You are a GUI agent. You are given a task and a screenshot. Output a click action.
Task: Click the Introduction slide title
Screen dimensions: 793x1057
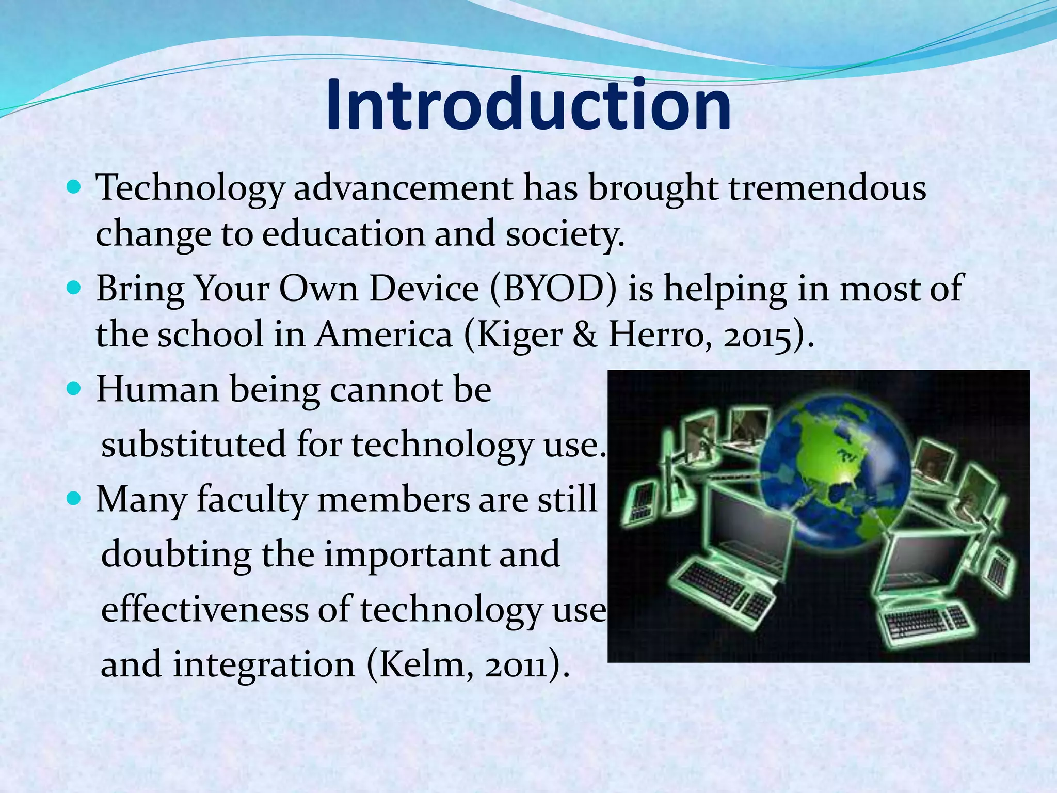[528, 104]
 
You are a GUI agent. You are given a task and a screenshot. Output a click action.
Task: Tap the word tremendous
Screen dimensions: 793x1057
[827, 188]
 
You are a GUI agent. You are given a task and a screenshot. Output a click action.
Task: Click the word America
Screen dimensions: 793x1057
[384, 335]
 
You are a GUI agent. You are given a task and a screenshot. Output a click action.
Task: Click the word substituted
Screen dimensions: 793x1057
[193, 444]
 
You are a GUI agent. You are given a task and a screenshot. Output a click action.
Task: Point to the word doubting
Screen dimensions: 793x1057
[176, 556]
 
